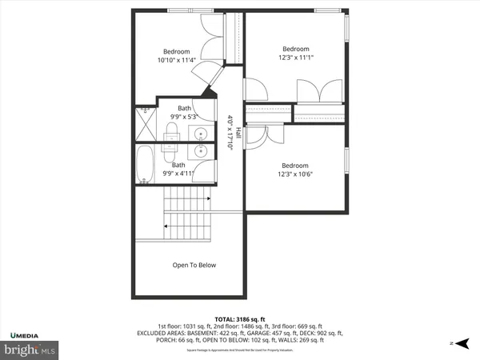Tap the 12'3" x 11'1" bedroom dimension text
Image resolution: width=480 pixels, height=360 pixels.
click(x=295, y=57)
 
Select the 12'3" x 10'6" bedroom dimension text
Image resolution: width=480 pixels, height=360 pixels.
click(x=295, y=174)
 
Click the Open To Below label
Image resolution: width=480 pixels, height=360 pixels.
click(x=194, y=265)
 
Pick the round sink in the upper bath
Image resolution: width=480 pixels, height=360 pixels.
click(x=202, y=133)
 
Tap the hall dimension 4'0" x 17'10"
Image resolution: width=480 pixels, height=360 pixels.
click(x=230, y=133)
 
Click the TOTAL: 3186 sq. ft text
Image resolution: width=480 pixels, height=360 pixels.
click(x=239, y=318)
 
